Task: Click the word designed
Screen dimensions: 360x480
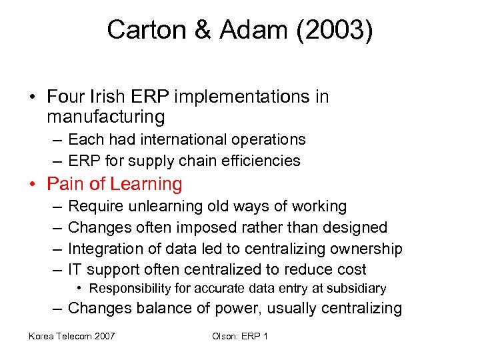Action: coord(355,227)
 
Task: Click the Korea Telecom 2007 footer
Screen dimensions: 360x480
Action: coord(71,336)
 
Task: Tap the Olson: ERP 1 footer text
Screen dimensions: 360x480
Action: coord(240,336)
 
